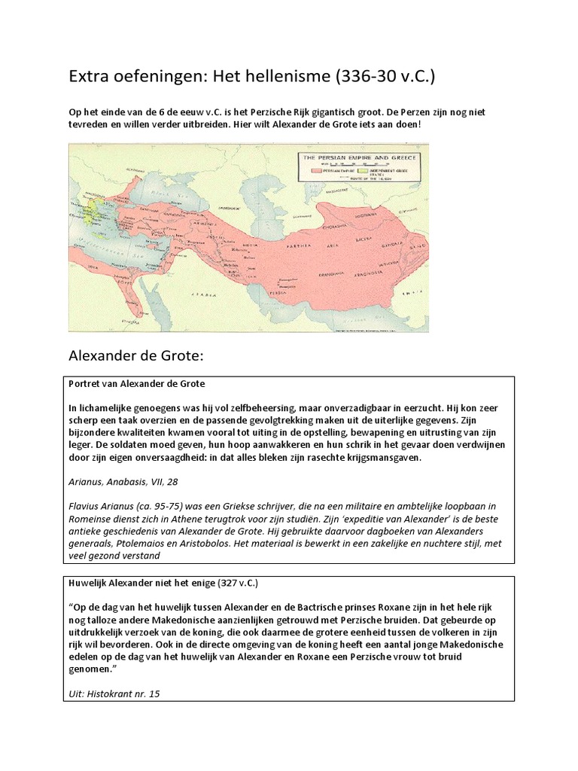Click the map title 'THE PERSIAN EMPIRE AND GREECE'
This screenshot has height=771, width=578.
(x=364, y=157)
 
